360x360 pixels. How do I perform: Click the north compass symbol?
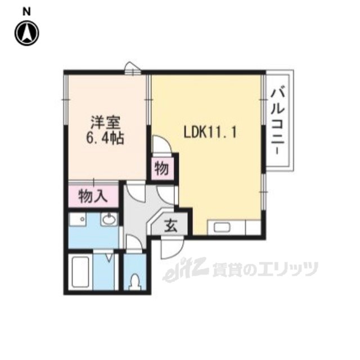pyautogui.click(x=26, y=33)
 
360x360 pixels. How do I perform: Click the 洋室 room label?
pyautogui.click(x=105, y=123)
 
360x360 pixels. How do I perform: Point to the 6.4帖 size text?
pyautogui.click(x=105, y=137)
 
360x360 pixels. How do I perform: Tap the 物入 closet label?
pyautogui.click(x=92, y=196)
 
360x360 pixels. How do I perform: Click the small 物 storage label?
pyautogui.click(x=161, y=168)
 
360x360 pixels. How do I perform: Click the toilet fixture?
pyautogui.click(x=134, y=280)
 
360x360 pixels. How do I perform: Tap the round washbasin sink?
pyautogui.click(x=109, y=220)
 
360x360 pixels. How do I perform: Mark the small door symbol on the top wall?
pyautogui.click(x=133, y=67)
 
